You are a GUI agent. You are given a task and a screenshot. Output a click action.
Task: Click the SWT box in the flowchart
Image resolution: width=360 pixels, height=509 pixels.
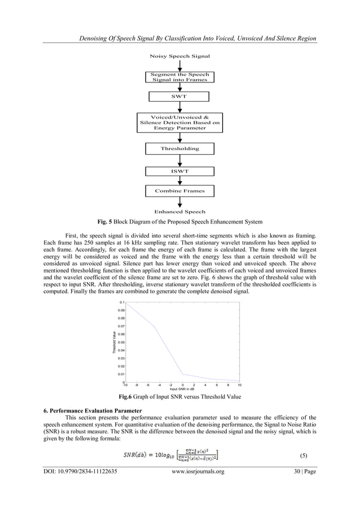coord(179,97)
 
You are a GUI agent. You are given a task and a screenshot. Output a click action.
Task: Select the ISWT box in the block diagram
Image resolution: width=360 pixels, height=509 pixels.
coord(179,171)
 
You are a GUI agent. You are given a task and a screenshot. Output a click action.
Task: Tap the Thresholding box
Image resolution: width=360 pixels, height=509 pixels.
coord(179,148)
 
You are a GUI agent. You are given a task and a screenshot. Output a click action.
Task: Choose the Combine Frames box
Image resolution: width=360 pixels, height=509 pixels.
coord(179,191)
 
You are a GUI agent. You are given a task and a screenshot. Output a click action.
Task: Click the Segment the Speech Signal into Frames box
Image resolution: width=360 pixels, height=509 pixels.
coord(179,77)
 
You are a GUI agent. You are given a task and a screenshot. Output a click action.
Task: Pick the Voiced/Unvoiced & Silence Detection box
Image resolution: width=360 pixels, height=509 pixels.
coord(179,122)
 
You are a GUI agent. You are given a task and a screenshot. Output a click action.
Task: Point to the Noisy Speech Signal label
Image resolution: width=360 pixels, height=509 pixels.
coord(179,56)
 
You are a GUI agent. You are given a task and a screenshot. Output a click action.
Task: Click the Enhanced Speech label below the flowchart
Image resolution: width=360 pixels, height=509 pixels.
coord(179,212)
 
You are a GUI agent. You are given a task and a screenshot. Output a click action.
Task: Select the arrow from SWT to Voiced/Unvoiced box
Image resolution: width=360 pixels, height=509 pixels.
coord(179,107)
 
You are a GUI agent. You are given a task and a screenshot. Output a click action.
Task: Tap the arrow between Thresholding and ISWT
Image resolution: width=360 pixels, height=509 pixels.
coord(179,160)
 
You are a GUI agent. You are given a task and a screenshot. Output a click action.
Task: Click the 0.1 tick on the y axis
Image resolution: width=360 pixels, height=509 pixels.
coord(121,302)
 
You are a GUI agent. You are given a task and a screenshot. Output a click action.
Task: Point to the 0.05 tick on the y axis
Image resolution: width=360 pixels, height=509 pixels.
coord(120,342)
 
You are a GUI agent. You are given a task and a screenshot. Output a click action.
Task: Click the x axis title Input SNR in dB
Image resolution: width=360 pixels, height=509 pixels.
coord(182,389)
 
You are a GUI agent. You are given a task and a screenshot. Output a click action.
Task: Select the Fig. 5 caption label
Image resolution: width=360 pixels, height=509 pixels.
coord(108,220)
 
